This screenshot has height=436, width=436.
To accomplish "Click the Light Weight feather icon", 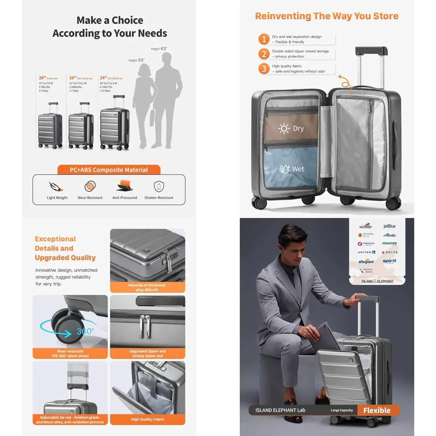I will pyautogui.click(x=57, y=186).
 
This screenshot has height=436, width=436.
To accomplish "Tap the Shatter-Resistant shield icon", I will pyautogui.click(x=159, y=186).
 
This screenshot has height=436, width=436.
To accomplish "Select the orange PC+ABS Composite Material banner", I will pyautogui.click(x=109, y=170).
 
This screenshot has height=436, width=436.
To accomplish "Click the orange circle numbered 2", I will pyautogui.click(x=264, y=54).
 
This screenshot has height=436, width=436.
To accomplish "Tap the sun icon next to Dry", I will pyautogui.click(x=284, y=129).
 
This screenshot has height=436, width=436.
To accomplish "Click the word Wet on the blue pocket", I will pyautogui.click(x=298, y=169).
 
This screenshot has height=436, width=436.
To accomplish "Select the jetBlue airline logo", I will pyautogui.click(x=389, y=226).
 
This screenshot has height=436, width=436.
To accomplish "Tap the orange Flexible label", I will pyautogui.click(x=377, y=410).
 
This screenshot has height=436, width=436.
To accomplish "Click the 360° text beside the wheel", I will pyautogui.click(x=85, y=331).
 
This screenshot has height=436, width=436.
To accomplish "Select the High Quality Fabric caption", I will pyautogui.click(x=147, y=420).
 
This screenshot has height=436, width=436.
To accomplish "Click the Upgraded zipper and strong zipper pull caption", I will pyautogui.click(x=147, y=353).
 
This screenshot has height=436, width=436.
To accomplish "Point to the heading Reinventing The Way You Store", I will pyautogui.click(x=327, y=16).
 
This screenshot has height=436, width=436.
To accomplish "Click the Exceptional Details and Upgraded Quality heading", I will pyautogui.click(x=65, y=248).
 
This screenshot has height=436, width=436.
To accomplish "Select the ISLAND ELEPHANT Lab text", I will pyautogui.click(x=280, y=410).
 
